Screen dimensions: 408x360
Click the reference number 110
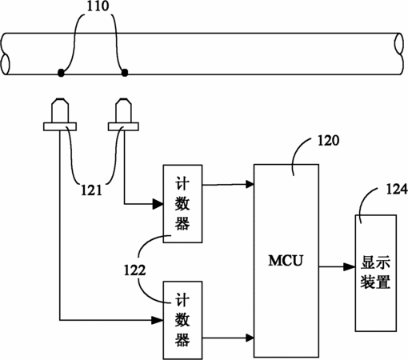[x=98, y=6]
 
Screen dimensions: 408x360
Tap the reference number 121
[x=91, y=190]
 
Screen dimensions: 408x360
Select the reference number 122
[x=134, y=270]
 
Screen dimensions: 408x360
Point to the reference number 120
[x=328, y=140]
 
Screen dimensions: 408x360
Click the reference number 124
[x=397, y=189]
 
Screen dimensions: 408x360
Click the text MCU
[x=286, y=261]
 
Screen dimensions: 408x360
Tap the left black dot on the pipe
[x=61, y=73]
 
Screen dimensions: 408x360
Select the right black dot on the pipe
[x=125, y=72]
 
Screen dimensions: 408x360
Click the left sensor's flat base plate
[x=60, y=126]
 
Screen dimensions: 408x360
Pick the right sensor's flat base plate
[x=123, y=126]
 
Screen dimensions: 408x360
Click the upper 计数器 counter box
[x=182, y=204]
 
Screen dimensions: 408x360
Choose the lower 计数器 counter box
[x=182, y=320]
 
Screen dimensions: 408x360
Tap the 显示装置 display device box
[x=376, y=273]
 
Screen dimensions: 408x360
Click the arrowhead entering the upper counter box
[x=158, y=204]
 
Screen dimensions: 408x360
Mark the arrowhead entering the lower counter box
[x=158, y=320]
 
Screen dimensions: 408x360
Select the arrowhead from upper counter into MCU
[x=250, y=184]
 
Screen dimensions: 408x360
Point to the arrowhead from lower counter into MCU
[x=250, y=338]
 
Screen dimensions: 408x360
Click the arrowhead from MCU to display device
[x=350, y=266]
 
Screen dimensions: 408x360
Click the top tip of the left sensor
[x=60, y=99]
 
